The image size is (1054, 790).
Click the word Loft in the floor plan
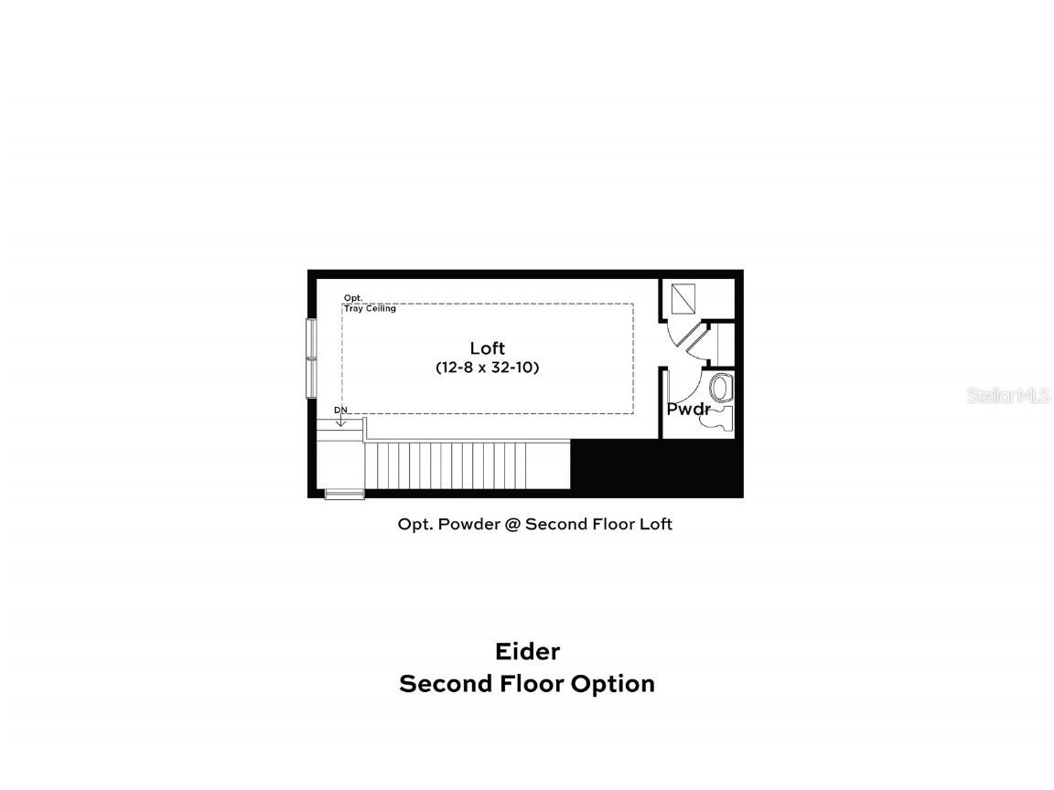coord(487,348)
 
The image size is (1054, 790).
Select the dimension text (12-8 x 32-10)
coord(488,368)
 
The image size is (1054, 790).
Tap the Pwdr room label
coord(688,410)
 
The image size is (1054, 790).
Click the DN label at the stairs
coord(340,410)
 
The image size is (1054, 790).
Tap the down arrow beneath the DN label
coord(340,421)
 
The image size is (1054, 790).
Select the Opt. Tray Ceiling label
coord(369,304)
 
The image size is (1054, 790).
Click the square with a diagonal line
coord(684,298)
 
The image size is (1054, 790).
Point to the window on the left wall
coord(311,358)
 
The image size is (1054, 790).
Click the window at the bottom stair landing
coord(345,495)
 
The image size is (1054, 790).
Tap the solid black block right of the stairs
coord(655,467)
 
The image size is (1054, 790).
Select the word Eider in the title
coord(527,651)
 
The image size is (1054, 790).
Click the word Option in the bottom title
coord(612,684)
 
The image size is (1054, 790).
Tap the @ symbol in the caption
coord(510,524)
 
